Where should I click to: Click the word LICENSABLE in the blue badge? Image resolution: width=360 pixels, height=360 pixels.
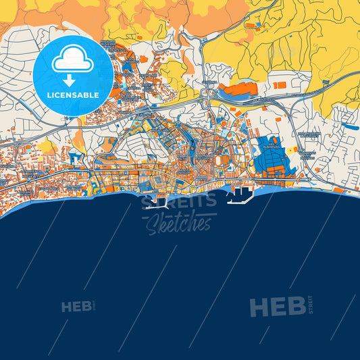click(73, 95)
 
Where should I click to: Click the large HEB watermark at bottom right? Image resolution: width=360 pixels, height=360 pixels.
click(277, 307)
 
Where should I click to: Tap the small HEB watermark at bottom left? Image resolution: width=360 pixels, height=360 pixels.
click(76, 307)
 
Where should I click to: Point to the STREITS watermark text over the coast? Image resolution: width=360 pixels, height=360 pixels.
click(178, 200)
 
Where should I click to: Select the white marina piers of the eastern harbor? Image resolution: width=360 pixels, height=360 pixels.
click(240, 197)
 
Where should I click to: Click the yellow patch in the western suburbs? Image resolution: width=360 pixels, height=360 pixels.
click(47, 147)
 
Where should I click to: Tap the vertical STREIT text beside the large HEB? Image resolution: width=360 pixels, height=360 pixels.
click(310, 305)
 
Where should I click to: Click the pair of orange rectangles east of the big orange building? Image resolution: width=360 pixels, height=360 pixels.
click(280, 86)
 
